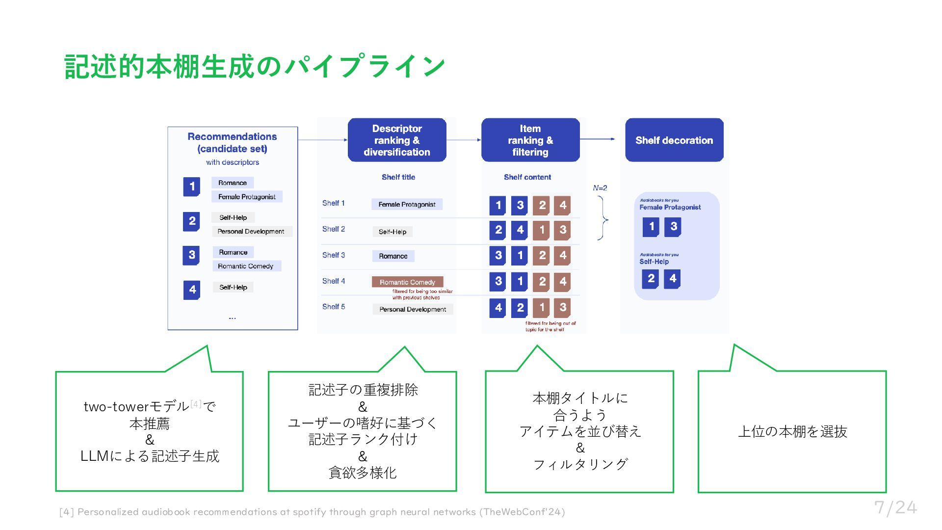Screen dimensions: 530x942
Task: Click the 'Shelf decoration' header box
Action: [674, 140]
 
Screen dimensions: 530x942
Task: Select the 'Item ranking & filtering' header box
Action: [530, 140]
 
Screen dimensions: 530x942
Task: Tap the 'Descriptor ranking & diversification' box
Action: [397, 140]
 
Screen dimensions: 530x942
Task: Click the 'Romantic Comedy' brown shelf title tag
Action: [407, 282]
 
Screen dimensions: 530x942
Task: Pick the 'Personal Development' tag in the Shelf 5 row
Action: [413, 309]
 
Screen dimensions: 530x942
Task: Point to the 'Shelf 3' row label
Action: [334, 255]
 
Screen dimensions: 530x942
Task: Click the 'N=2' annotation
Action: [600, 188]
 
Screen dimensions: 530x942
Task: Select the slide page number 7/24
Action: [895, 507]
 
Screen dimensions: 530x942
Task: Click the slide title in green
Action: [255, 66]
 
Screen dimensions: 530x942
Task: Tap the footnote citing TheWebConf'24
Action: [312, 512]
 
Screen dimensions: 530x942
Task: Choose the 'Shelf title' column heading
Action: [398, 177]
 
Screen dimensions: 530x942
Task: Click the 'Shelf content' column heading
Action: [527, 177]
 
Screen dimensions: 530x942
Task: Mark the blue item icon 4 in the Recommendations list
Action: [192, 290]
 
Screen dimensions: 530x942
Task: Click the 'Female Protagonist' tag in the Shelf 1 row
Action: [407, 204]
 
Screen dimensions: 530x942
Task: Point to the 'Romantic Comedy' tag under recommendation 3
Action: [246, 266]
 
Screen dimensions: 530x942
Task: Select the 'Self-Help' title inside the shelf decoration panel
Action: [654, 262]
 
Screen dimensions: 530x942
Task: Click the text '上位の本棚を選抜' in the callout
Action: [792, 431]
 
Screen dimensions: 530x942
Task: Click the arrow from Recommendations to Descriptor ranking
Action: [322, 140]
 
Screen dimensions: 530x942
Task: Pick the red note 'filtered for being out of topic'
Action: [550, 326]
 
